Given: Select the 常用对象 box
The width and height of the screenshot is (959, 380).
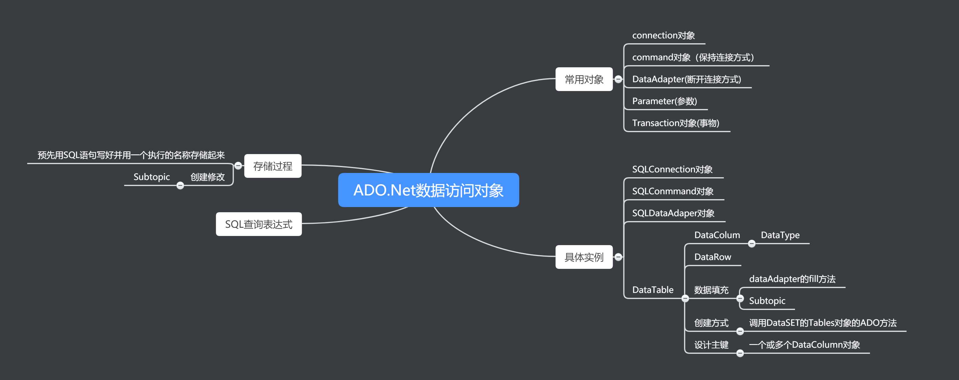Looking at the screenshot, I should [583, 79].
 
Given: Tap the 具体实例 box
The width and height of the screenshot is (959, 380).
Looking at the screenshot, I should [583, 257].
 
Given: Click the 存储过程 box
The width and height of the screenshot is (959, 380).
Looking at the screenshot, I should [273, 166].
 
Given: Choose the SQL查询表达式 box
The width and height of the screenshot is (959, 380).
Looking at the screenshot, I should [258, 224].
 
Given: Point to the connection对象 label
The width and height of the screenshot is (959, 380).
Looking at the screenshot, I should [663, 36].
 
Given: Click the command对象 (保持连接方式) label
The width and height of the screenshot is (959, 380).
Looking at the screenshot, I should [693, 58].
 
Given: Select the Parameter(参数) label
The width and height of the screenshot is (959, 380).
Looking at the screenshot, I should [664, 101].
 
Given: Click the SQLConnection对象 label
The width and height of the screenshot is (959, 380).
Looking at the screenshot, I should [672, 170].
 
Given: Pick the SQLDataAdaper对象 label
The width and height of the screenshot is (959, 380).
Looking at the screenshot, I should [673, 213].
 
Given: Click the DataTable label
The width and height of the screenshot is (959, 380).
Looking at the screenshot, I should [653, 290].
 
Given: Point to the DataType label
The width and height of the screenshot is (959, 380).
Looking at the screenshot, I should [780, 235].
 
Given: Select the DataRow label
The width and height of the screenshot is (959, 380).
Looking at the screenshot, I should [713, 257].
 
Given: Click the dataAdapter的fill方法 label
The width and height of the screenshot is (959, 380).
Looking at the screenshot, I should [792, 279].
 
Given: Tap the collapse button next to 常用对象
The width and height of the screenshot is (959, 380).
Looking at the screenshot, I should [618, 79].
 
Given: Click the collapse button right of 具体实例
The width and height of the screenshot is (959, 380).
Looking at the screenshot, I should [618, 257].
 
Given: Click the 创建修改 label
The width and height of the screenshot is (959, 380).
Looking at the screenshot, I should [207, 177].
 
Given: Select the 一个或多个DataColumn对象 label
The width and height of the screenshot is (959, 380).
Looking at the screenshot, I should [804, 345].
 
